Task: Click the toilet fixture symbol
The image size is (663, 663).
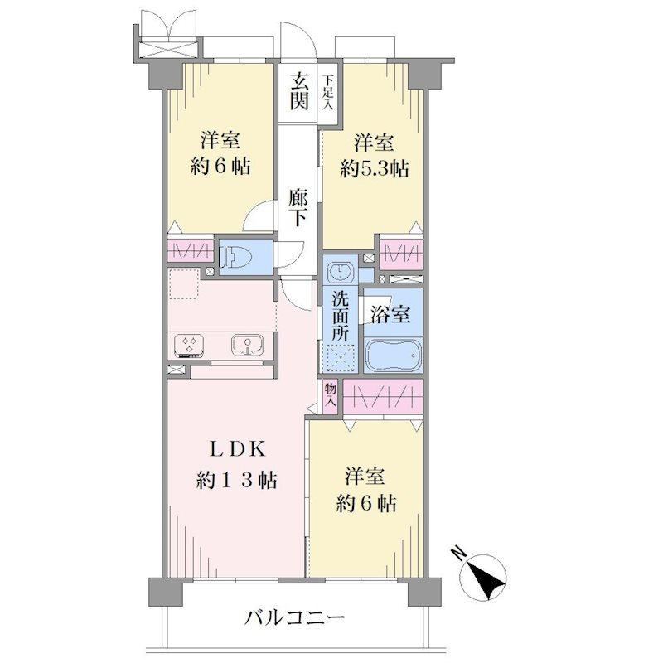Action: click(x=237, y=256)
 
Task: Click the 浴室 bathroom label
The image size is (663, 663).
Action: click(x=390, y=314)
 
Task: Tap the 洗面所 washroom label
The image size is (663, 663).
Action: click(x=340, y=316)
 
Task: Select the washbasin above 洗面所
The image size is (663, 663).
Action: click(x=341, y=271)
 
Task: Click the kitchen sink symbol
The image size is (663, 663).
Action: click(x=248, y=346)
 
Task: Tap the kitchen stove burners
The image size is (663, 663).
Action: click(x=190, y=346)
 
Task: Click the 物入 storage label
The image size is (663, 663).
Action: click(x=330, y=394)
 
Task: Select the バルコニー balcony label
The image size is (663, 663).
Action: click(x=296, y=619)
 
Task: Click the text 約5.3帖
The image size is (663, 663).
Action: click(x=374, y=169)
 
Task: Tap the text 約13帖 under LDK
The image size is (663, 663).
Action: click(x=236, y=481)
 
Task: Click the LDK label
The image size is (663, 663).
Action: click(x=238, y=449)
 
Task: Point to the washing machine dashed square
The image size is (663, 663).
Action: click(x=341, y=358)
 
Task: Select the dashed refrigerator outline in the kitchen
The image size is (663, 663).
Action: click(x=184, y=283)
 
